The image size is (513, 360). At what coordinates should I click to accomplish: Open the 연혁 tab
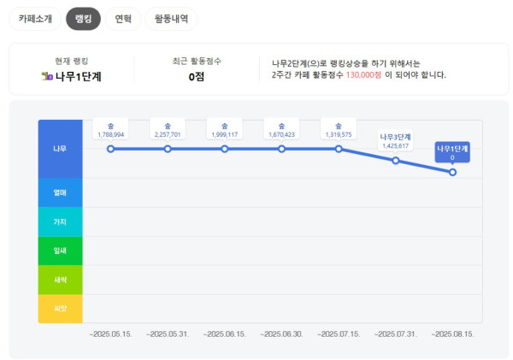coord(123,18)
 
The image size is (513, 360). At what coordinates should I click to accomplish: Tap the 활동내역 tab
coord(171,18)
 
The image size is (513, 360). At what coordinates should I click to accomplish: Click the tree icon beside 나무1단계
coord(47,77)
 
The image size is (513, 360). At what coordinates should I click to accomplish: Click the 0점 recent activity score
coord(196,77)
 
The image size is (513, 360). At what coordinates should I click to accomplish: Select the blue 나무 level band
coord(60,149)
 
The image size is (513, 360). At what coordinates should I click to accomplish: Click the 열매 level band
coord(60,192)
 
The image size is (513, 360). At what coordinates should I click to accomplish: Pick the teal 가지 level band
coord(60,221)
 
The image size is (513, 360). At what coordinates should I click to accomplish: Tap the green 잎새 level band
coord(60,251)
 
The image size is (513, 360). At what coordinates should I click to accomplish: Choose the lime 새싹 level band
coord(60,280)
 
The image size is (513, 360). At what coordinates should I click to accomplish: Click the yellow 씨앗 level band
coord(60,308)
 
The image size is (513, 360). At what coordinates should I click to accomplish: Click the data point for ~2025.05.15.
coord(111,149)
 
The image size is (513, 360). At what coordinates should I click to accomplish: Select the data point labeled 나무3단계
coord(396,160)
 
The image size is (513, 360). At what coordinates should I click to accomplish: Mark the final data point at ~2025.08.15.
coord(452,172)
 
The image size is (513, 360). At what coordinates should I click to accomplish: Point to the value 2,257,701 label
coord(168,134)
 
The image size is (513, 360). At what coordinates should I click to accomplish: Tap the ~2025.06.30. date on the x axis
coord(281,333)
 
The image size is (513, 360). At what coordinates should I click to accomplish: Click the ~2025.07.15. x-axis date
coord(339,333)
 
